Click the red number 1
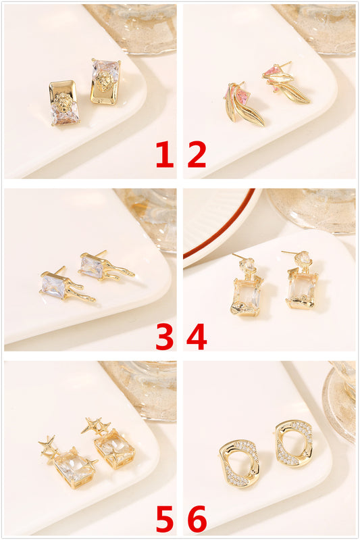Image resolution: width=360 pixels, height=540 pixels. click(x=165, y=154)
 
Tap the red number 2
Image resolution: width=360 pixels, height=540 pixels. click(x=197, y=154)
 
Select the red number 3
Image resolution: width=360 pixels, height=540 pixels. click(x=165, y=337)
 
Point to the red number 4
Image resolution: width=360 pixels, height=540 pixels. click(x=197, y=337)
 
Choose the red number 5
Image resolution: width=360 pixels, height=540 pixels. click(x=165, y=518)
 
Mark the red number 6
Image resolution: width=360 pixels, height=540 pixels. click(x=197, y=518)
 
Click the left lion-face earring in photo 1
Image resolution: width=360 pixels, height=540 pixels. click(x=64, y=103)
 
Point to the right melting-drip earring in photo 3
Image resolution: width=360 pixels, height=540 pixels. click(x=104, y=266)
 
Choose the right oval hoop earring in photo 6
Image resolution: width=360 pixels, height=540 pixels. click(x=294, y=443)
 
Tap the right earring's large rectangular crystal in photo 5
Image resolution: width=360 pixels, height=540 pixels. click(x=115, y=449)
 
